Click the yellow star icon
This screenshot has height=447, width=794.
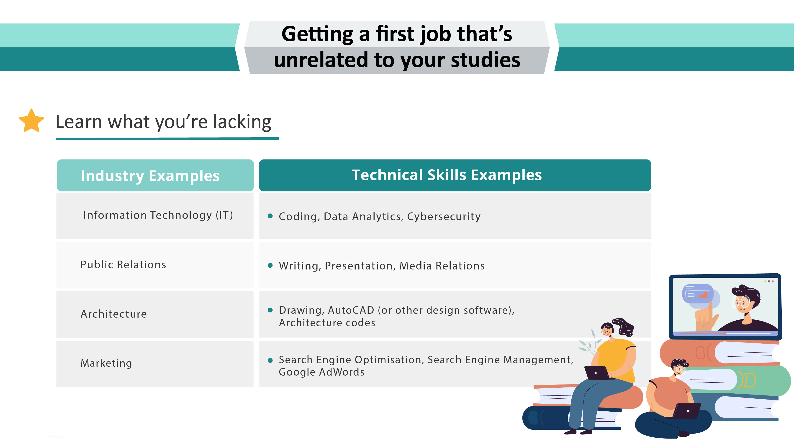[31, 121]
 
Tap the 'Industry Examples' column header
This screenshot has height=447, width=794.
[150, 176]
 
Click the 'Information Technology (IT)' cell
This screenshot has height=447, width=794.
[158, 215]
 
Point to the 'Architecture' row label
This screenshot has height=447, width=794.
[113, 314]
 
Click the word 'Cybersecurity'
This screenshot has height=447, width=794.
[444, 217]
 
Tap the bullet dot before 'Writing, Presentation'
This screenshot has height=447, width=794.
[270, 265]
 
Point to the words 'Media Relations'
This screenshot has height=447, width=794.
[442, 266]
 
